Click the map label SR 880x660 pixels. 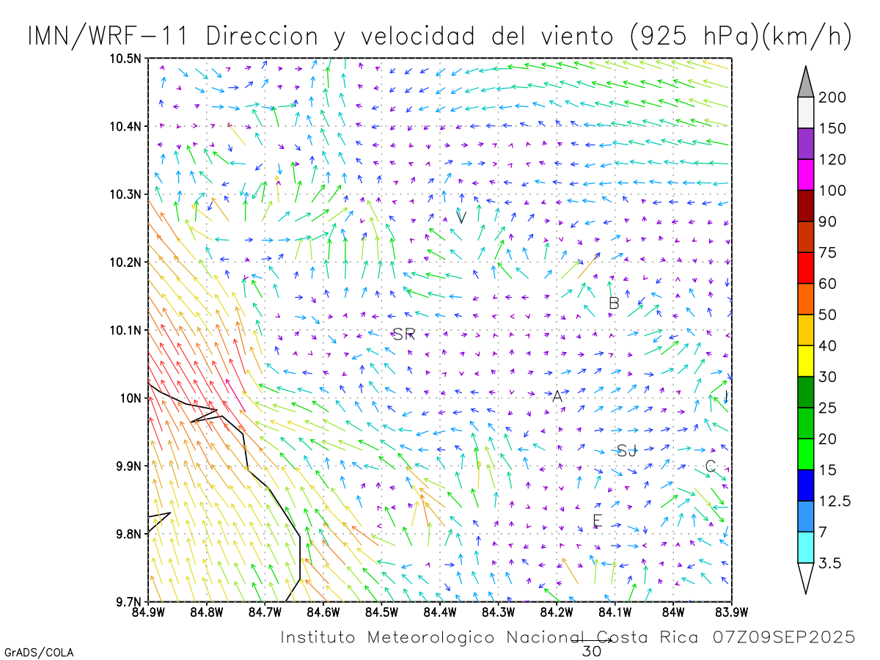tap(404, 335)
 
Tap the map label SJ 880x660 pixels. tap(627, 451)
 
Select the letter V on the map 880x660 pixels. tap(461, 217)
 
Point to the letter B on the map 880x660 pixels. tap(615, 303)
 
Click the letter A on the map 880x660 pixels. tap(557, 396)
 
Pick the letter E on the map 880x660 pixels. tap(597, 521)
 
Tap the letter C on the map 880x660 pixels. tap(710, 466)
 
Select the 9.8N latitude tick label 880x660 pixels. tap(127, 534)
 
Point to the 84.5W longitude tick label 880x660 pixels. tap(381, 611)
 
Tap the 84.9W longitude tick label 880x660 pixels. tap(149, 611)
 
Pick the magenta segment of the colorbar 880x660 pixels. tap(806, 175)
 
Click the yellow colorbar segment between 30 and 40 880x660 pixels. tap(806, 362)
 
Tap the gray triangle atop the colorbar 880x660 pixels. tap(806, 81)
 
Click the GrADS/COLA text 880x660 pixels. tap(38, 652)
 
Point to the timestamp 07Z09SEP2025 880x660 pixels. tap(784, 637)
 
